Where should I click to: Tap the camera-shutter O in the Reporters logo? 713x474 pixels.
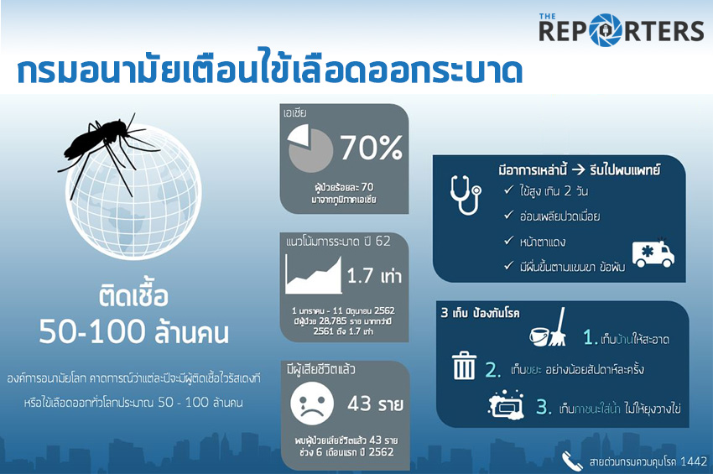tap(606, 30)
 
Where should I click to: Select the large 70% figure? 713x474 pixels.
tap(371, 147)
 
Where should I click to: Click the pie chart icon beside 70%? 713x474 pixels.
tap(310, 148)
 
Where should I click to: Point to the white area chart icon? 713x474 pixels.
tap(314, 276)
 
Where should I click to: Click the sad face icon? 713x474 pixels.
tap(312, 404)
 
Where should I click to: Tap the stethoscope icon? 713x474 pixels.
tap(466, 195)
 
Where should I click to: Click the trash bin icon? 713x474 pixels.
tap(464, 365)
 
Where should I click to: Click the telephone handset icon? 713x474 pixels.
tap(571, 461)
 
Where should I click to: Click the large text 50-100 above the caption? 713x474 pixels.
tap(91, 331)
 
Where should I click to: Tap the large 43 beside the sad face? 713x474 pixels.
tap(360, 403)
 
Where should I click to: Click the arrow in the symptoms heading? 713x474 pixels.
tap(578, 170)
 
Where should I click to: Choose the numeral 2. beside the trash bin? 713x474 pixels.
tap(493, 370)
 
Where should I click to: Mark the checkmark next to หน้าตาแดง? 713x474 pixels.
tap(509, 240)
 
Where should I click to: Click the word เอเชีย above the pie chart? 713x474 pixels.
tap(295, 113)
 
